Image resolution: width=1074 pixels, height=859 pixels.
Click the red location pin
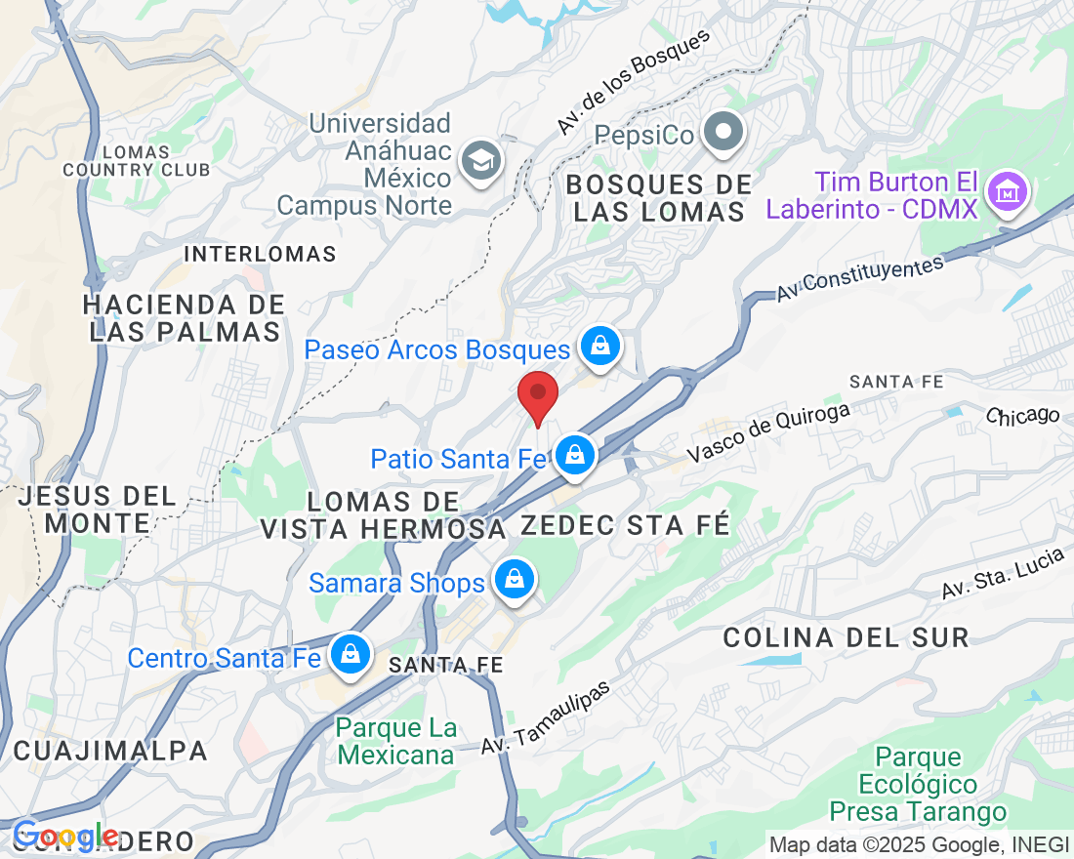[x=537, y=396]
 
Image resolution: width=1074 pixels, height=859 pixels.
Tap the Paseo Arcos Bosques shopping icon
[x=600, y=346]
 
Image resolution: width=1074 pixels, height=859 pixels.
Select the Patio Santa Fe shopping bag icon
[x=575, y=455]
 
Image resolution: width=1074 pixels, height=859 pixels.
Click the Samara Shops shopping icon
[x=514, y=580]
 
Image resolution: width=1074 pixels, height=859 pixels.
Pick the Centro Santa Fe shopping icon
[x=349, y=654]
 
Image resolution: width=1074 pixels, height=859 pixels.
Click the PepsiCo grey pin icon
[x=724, y=131]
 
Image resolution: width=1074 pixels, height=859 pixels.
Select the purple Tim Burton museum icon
[x=1006, y=192]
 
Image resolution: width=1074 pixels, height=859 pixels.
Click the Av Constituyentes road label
[x=860, y=278]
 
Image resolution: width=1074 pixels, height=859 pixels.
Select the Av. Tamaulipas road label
[x=545, y=717]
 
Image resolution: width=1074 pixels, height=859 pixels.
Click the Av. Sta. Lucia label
[x=1002, y=578]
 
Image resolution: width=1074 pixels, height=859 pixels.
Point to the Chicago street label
[x=1022, y=416]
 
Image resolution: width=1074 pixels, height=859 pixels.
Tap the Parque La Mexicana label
[x=395, y=742]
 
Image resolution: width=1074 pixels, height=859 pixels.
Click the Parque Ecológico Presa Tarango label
[x=918, y=784]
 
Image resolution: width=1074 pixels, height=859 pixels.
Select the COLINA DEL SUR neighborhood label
[x=846, y=638]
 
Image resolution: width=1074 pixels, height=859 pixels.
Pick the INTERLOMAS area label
[x=260, y=255]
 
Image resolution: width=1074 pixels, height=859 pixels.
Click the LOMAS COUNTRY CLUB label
[x=136, y=161]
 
